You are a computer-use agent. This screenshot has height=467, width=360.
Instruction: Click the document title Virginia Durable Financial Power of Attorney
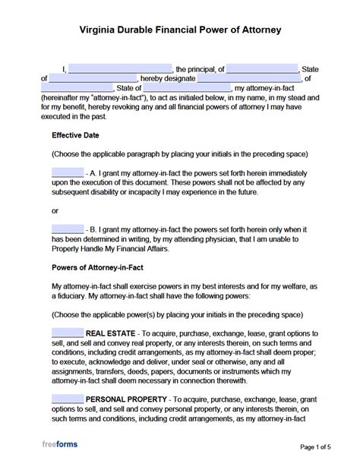tap(180, 31)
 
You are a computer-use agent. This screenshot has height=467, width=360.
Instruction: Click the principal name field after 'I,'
tap(122, 68)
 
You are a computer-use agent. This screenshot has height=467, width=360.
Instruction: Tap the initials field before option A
tap(68, 172)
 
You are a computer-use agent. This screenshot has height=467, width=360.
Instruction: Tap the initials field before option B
tap(68, 228)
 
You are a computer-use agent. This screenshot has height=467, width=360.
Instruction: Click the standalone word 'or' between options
tap(55, 210)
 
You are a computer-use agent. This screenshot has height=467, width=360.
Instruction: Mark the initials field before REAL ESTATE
tap(68, 333)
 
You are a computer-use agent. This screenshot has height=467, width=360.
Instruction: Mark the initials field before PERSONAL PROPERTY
tap(68, 398)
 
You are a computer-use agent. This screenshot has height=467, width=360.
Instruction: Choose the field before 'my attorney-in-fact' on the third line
tap(182, 88)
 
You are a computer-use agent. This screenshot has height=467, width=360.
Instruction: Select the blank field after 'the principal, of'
tap(263, 68)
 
